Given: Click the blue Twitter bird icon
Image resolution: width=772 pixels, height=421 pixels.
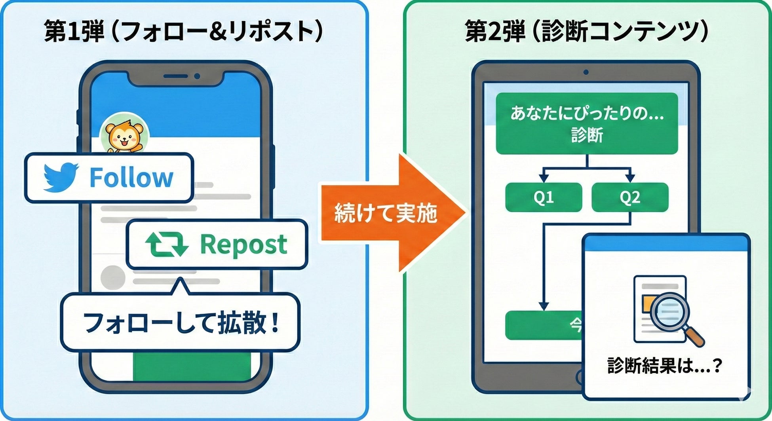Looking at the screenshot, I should [61, 177].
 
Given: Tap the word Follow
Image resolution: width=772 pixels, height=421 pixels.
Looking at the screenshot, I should [131, 178].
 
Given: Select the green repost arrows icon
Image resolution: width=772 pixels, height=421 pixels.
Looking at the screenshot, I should [167, 244].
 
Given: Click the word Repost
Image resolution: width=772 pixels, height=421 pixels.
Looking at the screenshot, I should [243, 244].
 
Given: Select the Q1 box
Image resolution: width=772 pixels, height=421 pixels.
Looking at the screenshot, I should [544, 197].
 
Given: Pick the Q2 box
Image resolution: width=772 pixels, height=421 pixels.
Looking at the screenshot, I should [630, 197].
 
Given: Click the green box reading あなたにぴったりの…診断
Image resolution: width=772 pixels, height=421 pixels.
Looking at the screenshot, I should [587, 123].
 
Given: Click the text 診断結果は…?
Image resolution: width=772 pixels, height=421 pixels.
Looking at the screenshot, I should [665, 366].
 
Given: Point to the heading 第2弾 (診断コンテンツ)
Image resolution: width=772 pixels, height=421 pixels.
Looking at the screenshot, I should [586, 31].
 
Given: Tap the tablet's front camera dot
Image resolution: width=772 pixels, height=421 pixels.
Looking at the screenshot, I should [586, 72].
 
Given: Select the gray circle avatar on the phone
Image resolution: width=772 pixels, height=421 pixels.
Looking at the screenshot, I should [113, 277].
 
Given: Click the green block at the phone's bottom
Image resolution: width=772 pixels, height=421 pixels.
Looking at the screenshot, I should [192, 366].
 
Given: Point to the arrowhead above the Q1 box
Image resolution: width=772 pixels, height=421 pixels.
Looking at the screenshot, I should [544, 178].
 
